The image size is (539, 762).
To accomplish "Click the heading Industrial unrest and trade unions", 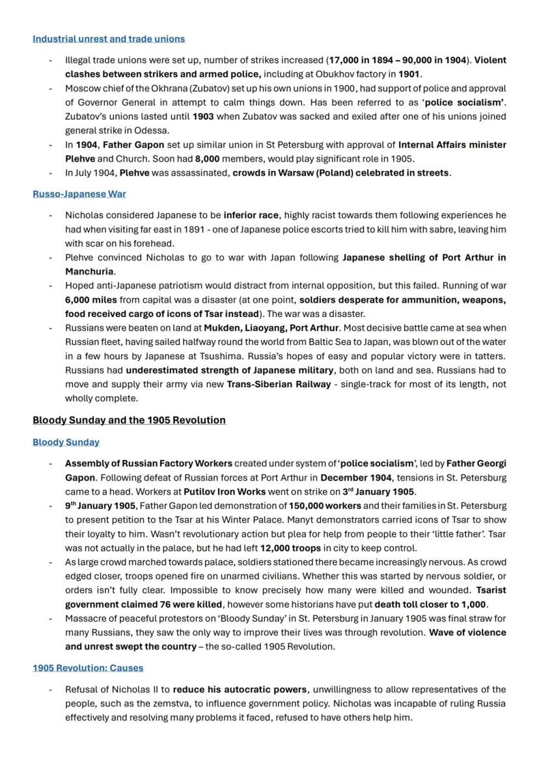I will (109, 39).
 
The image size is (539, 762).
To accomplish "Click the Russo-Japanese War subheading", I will (79, 194).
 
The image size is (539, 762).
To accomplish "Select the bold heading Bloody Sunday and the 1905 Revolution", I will (129, 420).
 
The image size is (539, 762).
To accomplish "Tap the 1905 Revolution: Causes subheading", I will (88, 668).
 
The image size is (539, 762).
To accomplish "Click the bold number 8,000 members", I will (207, 159).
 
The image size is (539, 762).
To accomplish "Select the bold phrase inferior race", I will (251, 215).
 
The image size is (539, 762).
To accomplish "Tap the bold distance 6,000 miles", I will (91, 299).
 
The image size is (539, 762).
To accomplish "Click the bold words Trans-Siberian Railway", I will (279, 384).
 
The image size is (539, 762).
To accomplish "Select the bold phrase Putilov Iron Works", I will (224, 491).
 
